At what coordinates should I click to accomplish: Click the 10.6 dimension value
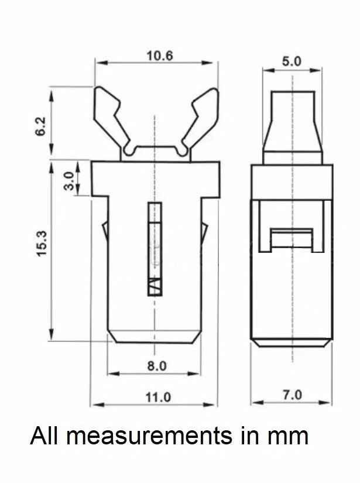[x=160, y=56]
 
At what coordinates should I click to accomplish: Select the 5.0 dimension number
[x=292, y=61]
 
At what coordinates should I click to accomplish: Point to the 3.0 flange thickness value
[x=69, y=181]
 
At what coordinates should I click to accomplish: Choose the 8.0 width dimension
[x=157, y=366]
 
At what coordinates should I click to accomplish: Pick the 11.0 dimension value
[x=158, y=397]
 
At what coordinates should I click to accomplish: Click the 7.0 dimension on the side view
[x=292, y=395]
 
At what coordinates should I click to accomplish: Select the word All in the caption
[x=44, y=435]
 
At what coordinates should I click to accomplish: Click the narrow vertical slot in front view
[x=155, y=249]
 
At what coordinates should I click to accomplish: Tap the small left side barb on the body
[x=105, y=232]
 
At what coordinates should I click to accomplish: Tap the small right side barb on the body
[x=204, y=232]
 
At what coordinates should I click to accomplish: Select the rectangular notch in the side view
[x=292, y=239]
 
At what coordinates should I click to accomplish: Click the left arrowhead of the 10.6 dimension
[x=102, y=63]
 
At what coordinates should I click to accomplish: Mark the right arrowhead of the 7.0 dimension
[x=325, y=403]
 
